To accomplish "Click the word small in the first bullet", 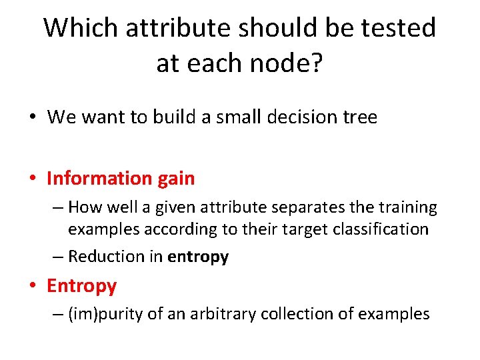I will (x=208, y=118).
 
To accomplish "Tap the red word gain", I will (x=177, y=179).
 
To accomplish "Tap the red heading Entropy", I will (x=81, y=286).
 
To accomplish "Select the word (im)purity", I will (x=106, y=314).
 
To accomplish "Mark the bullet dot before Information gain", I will (x=33, y=179).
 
